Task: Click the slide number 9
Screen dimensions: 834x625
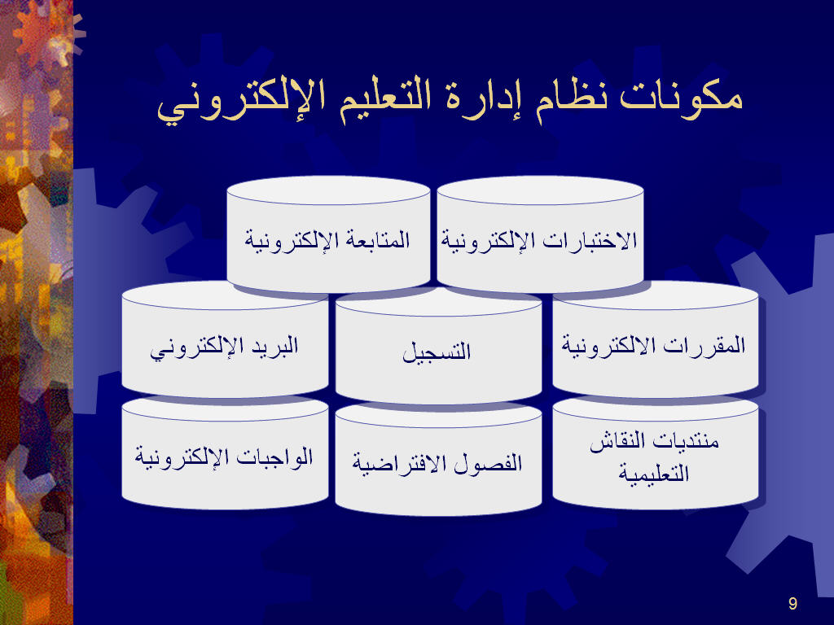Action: pyautogui.click(x=792, y=603)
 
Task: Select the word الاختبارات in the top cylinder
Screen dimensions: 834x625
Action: pyautogui.click(x=590, y=241)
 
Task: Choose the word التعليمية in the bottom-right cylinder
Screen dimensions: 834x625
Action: pyautogui.click(x=654, y=473)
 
